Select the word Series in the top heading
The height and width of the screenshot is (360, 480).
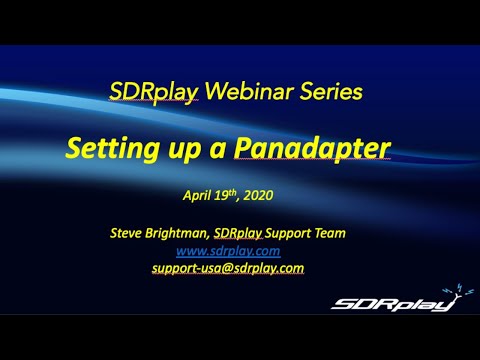pos(331,93)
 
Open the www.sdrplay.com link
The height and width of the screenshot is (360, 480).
pos(242,251)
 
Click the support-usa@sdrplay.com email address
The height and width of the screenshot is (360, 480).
pos(242,268)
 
